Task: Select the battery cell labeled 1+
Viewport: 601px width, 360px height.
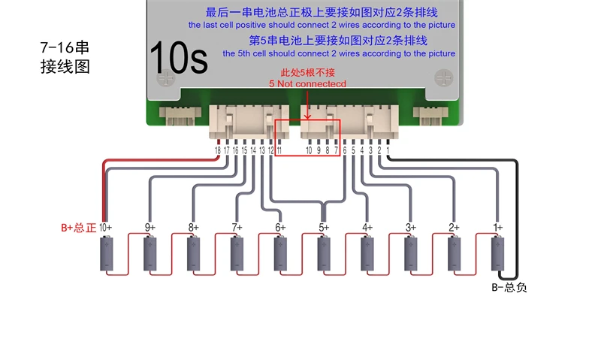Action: tap(497, 254)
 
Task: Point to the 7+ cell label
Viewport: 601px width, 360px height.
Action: tap(237, 227)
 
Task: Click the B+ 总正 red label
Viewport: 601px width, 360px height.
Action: tap(78, 228)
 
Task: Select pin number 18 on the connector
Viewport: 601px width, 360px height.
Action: tap(218, 151)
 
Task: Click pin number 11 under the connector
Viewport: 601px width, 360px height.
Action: tap(279, 151)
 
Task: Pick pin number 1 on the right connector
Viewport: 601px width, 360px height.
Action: tap(388, 151)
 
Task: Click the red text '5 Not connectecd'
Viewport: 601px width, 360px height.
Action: tap(307, 84)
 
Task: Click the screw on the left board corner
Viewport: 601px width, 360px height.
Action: tap(165, 77)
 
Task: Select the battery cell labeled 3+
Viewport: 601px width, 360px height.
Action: tap(410, 254)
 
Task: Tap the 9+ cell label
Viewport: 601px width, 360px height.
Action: tap(149, 227)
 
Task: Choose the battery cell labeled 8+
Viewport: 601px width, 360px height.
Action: tap(194, 254)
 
